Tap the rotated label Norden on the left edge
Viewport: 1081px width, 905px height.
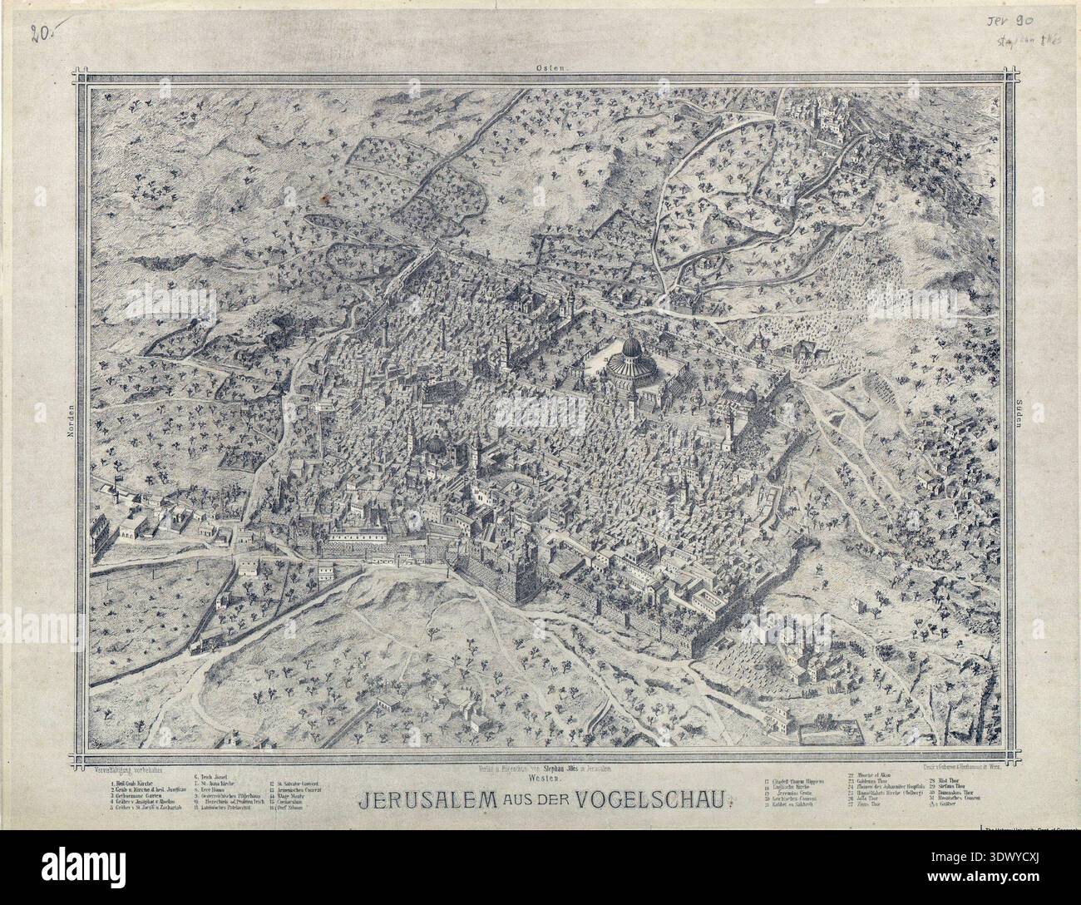pos(72,419)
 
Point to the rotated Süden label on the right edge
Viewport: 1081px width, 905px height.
pos(1019,419)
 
